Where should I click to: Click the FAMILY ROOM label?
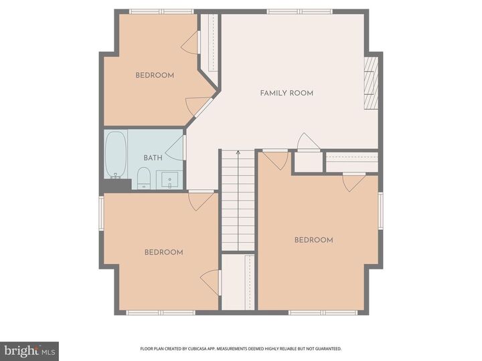(x=287, y=93)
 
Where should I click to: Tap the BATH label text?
(x=153, y=158)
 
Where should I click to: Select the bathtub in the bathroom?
(x=116, y=154)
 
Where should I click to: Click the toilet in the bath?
(x=143, y=178)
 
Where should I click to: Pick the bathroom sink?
(x=169, y=180)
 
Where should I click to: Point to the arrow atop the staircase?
(x=238, y=154)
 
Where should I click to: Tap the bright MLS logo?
(x=29, y=351)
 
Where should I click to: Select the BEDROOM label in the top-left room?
(x=155, y=76)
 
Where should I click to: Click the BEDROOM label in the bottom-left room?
(x=164, y=252)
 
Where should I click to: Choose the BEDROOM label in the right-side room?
(x=313, y=240)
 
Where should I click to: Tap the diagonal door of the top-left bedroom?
(x=199, y=106)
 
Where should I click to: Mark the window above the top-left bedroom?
(x=161, y=11)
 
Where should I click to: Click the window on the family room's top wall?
(x=299, y=11)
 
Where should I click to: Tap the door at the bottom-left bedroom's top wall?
(x=202, y=200)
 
